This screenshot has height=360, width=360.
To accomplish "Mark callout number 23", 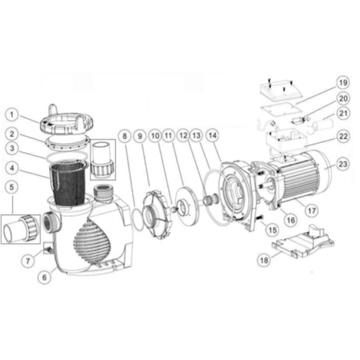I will tap(343, 163).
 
